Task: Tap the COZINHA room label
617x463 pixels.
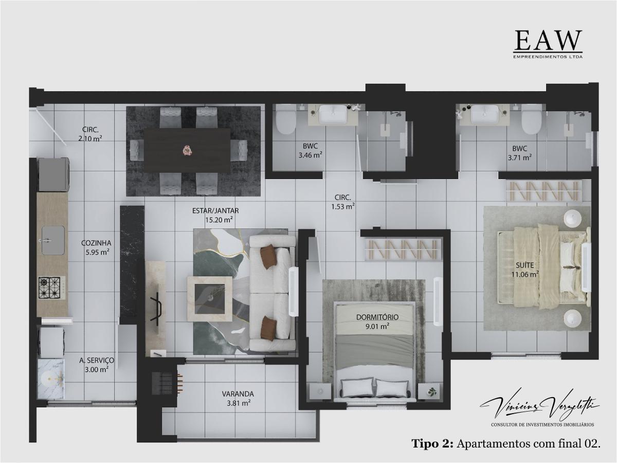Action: point(96,243)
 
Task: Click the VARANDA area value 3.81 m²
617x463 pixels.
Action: point(238,403)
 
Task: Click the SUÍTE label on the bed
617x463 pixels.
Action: point(524,265)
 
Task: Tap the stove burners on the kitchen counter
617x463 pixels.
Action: point(50,287)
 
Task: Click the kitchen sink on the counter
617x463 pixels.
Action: point(52,240)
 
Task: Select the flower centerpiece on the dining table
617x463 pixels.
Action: point(186,150)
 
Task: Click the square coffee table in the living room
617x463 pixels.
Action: point(209,295)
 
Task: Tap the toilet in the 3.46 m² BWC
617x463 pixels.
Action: point(284,120)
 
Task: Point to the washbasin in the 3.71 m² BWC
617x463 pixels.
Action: point(484,114)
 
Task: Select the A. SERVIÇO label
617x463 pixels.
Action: point(97,361)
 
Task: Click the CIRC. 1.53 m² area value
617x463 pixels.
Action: point(343,207)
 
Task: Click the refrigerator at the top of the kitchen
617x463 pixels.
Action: point(53,173)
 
